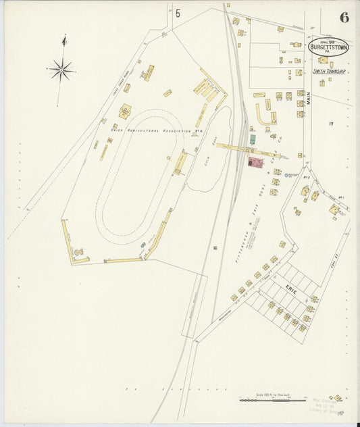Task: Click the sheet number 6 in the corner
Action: tap(344, 18)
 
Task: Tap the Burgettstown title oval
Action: tap(328, 47)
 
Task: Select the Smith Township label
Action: tap(329, 71)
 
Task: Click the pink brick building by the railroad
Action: tap(255, 162)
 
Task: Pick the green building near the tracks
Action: tap(252, 139)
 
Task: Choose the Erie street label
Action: tap(291, 289)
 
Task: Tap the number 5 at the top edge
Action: tap(178, 14)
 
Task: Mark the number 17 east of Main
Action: tap(331, 124)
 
